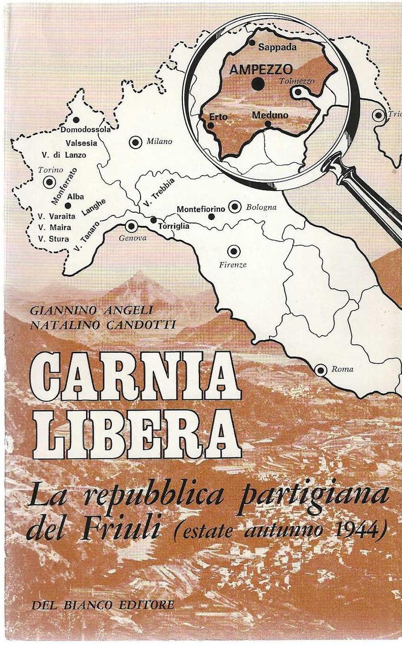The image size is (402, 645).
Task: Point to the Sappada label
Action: tap(277, 48)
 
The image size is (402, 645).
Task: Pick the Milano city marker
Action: tap(136, 143)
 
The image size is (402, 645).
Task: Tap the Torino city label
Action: tap(50, 170)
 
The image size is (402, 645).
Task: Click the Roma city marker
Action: tap(320, 370)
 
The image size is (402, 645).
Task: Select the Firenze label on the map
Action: tap(233, 265)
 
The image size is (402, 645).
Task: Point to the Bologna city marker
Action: tap(234, 207)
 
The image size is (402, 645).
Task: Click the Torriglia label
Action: tap(174, 226)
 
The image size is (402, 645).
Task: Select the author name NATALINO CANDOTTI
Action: tap(102, 326)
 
